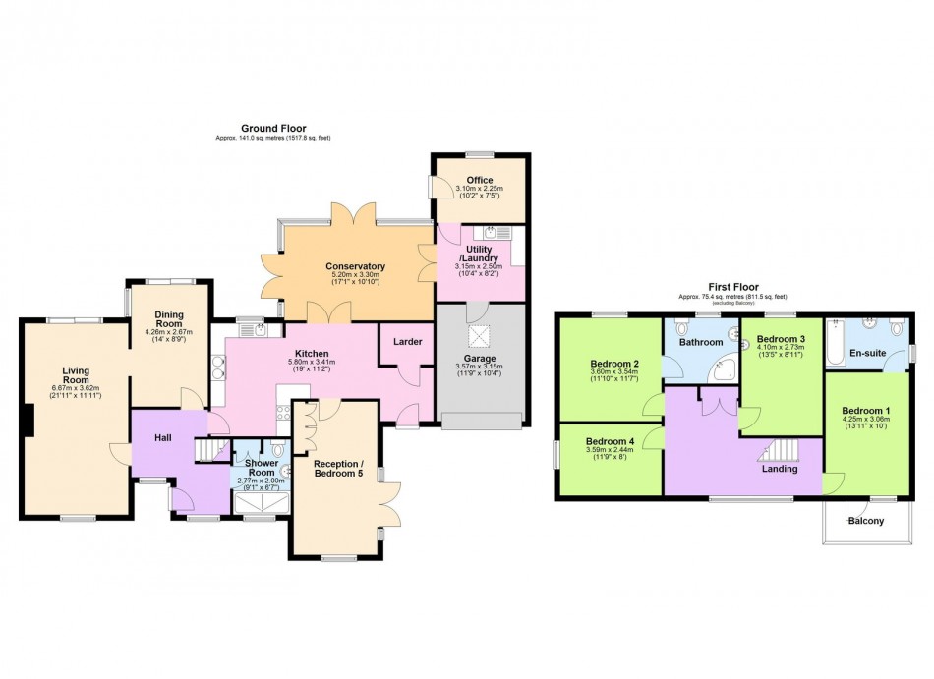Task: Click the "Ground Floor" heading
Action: [273, 128]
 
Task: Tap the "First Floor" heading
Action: [732, 287]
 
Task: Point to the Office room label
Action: [481, 180]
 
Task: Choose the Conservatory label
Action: [355, 266]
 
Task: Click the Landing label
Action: [780, 469]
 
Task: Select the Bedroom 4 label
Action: [611, 442]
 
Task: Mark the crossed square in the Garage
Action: [481, 337]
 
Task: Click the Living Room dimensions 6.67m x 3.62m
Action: [76, 391]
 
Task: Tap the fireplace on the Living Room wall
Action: [29, 422]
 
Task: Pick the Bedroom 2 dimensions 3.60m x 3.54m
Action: [610, 371]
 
